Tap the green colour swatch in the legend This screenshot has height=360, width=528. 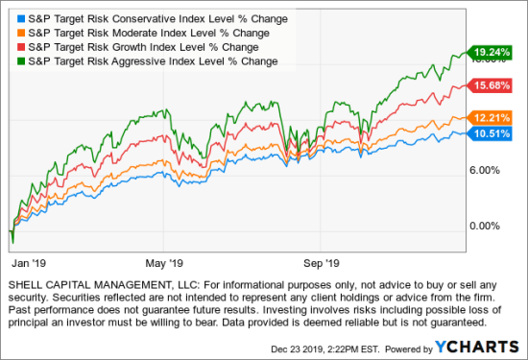(x=17, y=61)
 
